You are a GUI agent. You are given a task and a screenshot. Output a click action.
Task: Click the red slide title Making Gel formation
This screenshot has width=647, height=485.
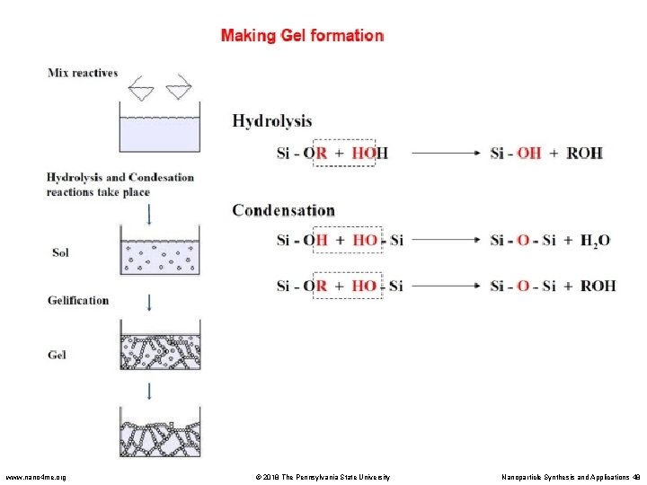302,36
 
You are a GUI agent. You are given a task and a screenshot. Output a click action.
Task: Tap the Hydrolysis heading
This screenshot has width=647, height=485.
272,120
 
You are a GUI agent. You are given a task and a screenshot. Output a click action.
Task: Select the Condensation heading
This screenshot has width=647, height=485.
283,210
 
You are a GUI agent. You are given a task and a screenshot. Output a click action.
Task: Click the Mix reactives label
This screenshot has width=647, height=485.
83,73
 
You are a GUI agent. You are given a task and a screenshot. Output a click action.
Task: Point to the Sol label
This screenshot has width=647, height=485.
59,252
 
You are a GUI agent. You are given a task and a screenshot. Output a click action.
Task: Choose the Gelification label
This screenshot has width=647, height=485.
78,300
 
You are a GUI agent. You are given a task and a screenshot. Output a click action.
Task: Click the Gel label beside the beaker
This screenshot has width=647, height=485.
57,355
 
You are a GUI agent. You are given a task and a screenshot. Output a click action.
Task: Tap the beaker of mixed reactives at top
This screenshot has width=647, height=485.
160,130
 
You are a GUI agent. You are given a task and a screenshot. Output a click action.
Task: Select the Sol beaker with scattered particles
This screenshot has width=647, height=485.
160,254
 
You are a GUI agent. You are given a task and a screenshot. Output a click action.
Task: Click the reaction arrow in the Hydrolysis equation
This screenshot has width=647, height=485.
448,153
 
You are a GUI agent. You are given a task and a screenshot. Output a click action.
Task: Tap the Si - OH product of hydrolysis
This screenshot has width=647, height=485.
515,153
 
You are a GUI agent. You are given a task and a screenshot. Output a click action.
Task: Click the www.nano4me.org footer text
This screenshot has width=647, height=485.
36,476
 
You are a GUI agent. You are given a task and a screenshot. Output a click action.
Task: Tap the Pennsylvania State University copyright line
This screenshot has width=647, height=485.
320,476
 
